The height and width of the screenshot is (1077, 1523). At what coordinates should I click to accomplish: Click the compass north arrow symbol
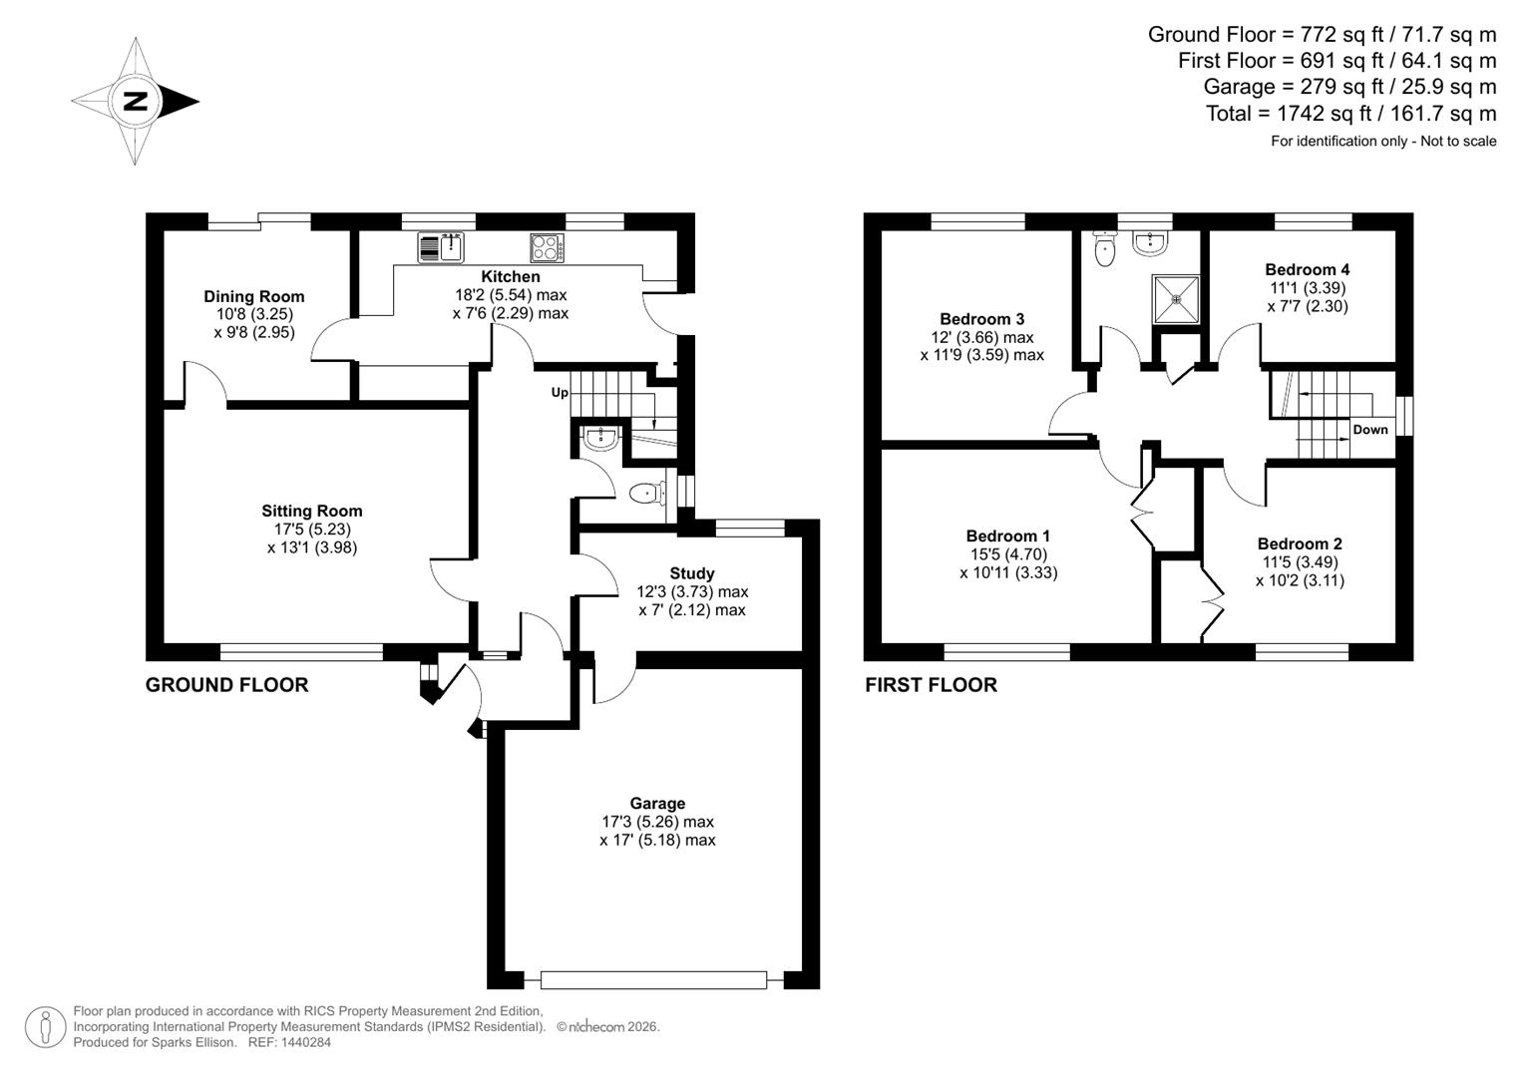pos(136,101)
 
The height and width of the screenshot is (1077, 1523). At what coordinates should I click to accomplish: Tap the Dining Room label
pos(253,296)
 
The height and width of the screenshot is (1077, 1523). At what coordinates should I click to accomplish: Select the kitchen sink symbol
pos(440,245)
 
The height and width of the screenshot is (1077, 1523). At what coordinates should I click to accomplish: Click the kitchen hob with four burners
pos(547,246)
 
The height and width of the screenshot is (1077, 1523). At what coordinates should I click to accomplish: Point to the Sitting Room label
pos(312,511)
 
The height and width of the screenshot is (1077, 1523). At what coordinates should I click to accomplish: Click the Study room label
pos(691,573)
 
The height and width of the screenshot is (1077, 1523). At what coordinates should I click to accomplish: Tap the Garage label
pos(657,803)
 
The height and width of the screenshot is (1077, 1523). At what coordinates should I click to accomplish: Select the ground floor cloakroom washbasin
pos(601,437)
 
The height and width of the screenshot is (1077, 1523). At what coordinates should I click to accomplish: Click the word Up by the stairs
pos(560,393)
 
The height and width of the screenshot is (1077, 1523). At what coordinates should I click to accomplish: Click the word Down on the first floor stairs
pos(1369,430)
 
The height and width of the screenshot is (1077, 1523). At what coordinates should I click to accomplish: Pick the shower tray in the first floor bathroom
pos(1176,298)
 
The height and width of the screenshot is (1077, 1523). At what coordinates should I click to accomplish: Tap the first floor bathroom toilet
pos(1103,249)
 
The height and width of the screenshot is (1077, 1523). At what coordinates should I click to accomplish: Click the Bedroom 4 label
pos(1307,269)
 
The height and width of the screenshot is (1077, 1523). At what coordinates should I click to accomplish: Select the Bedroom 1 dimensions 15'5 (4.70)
pos(1008,554)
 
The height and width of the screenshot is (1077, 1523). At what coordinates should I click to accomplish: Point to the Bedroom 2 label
pos(1299,543)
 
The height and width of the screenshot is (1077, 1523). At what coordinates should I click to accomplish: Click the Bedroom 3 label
pos(981,319)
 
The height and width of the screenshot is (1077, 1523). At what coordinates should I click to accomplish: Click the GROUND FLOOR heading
pos(226,685)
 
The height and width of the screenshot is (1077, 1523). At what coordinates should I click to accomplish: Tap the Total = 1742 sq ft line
pos(1350,114)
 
